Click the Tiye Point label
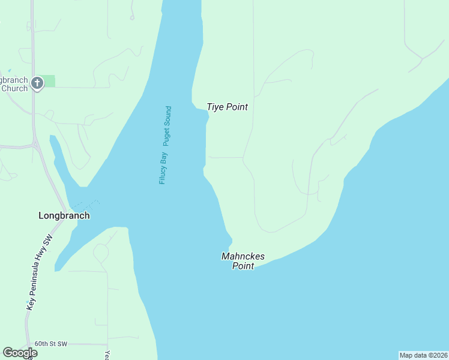227,107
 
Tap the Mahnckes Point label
243,261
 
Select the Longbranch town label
64,215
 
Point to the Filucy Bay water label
163,168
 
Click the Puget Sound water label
168,126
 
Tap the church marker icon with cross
37,83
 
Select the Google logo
20,353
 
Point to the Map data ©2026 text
423,355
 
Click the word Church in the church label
14,89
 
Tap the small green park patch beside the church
49,81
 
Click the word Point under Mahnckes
243,266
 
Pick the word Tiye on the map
215,107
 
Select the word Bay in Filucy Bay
163,158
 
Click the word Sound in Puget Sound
168,117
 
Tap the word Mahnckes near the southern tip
243,256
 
